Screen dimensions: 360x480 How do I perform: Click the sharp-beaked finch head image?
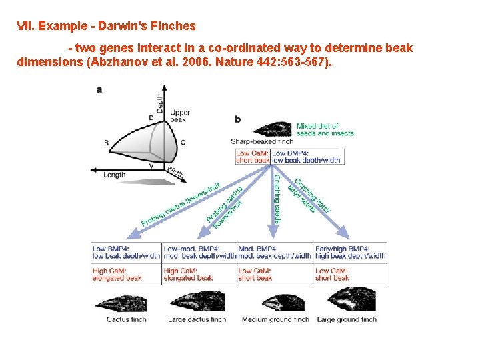273,128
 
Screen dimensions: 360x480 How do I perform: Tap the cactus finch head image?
127,301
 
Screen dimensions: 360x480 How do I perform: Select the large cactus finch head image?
199,301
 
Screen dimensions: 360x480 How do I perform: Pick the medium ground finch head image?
274,301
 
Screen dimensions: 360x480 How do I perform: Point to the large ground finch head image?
347,301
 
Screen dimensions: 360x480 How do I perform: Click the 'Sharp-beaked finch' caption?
261,141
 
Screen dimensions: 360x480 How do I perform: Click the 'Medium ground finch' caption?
275,319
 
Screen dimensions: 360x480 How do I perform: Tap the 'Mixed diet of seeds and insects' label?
325,129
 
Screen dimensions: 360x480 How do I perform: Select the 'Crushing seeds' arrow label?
276,198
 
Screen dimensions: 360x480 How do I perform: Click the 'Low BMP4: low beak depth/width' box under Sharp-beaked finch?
307,157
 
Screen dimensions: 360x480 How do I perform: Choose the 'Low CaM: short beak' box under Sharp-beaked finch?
253,157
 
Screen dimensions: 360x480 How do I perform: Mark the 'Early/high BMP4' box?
350,252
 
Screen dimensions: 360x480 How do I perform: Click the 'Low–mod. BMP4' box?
199,252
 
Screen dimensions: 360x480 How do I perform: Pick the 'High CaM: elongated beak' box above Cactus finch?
126,274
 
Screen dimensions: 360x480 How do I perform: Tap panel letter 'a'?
99,89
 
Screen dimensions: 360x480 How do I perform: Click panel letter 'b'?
237,119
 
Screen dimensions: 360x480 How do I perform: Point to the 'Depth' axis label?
160,103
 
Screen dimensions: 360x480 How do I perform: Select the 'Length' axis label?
114,175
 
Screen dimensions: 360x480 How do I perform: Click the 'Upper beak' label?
179,117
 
